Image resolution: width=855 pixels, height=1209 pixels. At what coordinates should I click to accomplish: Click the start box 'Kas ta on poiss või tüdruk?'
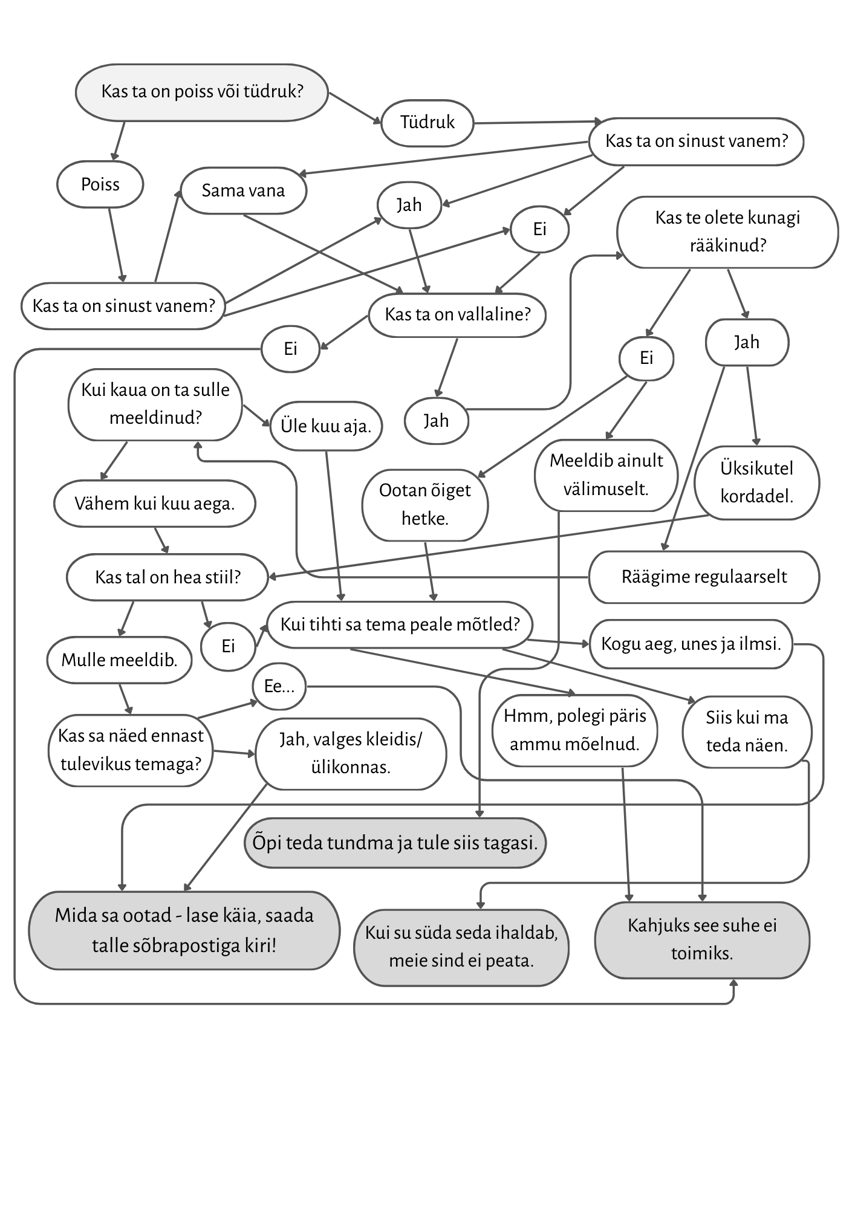click(201, 92)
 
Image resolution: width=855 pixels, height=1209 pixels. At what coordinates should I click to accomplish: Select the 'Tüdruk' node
click(427, 123)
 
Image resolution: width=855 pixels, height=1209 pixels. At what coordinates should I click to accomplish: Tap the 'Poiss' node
click(100, 184)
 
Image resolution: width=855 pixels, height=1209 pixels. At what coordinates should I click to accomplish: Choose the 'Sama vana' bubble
click(243, 191)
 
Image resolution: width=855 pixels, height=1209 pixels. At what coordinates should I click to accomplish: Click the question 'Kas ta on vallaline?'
click(457, 314)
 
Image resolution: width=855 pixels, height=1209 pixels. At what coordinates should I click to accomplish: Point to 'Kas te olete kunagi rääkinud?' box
click(727, 232)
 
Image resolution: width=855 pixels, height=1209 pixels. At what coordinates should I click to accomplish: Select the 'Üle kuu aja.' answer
click(325, 426)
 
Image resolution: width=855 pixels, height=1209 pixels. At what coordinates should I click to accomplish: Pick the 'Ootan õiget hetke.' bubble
click(424, 504)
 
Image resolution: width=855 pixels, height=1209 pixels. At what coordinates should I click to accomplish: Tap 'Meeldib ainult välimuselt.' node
click(606, 475)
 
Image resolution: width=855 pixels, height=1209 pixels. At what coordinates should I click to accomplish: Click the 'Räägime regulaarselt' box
click(704, 577)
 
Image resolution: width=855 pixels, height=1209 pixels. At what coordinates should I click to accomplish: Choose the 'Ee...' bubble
click(279, 687)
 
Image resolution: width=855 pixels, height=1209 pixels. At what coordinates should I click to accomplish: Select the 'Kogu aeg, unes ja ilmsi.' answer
click(691, 644)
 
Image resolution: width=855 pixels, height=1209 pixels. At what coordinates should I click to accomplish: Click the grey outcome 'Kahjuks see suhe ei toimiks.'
click(701, 939)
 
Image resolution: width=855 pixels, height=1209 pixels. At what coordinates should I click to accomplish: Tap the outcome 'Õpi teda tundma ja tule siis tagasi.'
click(395, 843)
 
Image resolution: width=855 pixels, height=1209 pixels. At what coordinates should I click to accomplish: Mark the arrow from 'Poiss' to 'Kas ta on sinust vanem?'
click(117, 245)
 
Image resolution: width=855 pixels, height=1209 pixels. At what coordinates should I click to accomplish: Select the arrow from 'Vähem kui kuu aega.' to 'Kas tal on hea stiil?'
click(161, 540)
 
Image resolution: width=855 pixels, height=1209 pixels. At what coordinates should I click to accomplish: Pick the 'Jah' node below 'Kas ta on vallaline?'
click(435, 421)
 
